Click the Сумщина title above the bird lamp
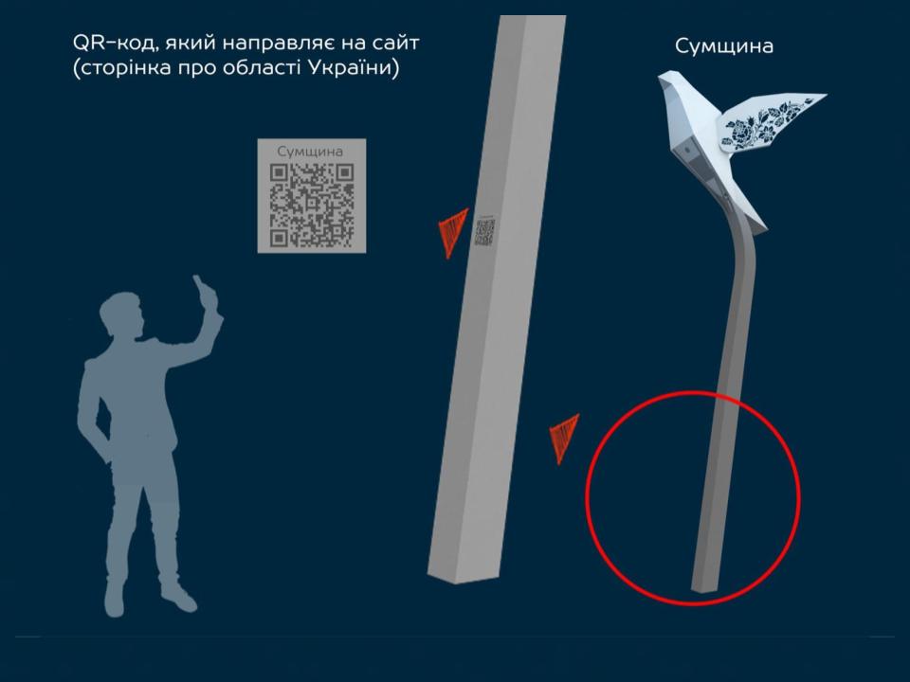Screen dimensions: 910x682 click(x=723, y=46)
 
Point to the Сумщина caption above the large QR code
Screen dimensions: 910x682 click(x=310, y=152)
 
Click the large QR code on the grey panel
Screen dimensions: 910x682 click(x=312, y=205)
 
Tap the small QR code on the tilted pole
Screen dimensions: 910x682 click(x=485, y=232)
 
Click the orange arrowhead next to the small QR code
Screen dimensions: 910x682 click(x=453, y=232)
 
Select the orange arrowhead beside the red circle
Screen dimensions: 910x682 click(x=564, y=438)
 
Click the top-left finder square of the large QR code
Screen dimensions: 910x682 click(x=279, y=172)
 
